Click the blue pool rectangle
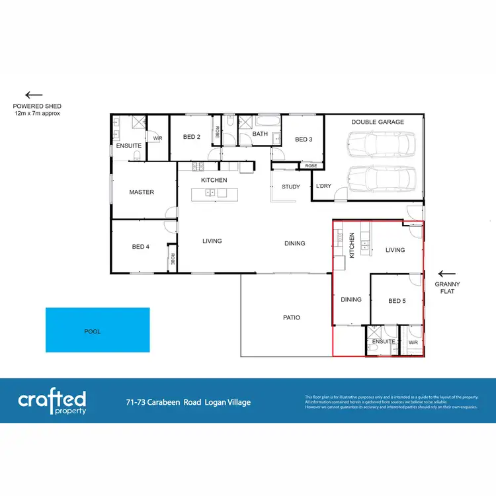pyautogui.click(x=97, y=330)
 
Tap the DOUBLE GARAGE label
pyautogui.click(x=378, y=122)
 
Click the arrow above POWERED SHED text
pyautogui.click(x=34, y=95)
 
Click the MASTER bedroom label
pyautogui.click(x=142, y=192)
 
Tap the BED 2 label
pyautogui.click(x=191, y=138)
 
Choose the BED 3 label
pyautogui.click(x=304, y=140)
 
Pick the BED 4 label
pyautogui.click(x=141, y=247)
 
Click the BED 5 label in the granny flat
pyautogui.click(x=397, y=302)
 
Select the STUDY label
pyautogui.click(x=291, y=187)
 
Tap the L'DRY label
pyautogui.click(x=323, y=186)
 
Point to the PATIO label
pyautogui.click(x=292, y=317)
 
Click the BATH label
pyautogui.click(x=260, y=134)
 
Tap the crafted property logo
pyautogui.click(x=52, y=401)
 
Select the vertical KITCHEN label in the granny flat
pyautogui.click(x=352, y=245)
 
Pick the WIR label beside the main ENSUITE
pyautogui.click(x=157, y=138)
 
